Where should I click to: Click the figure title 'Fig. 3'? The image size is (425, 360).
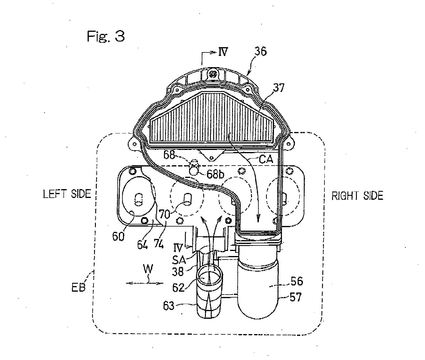pos(106,36)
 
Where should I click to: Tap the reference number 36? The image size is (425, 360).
pos(260,51)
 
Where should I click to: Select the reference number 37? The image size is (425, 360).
pos(279,88)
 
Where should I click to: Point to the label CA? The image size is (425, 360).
pos(266,159)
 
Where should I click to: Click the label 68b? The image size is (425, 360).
pos(215,175)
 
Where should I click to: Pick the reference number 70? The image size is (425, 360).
pos(165,214)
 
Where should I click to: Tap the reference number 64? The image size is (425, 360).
pos(142,245)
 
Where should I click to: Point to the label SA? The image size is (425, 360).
pos(179,260)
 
